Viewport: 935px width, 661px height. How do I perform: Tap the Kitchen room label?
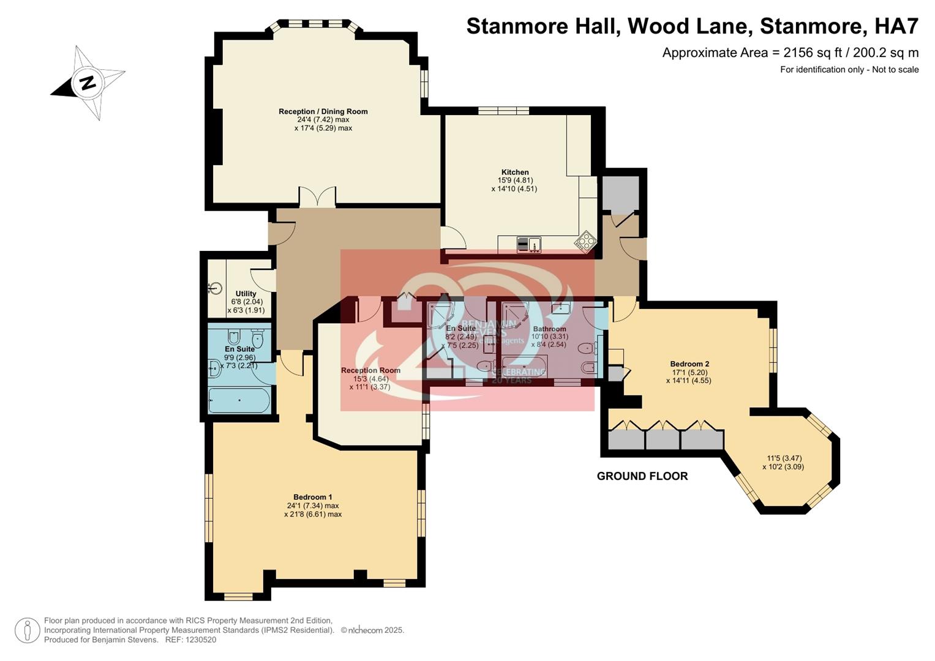coord(514,173)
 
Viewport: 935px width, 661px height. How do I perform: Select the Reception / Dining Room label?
coord(323,111)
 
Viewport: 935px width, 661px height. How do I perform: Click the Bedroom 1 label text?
coord(312,497)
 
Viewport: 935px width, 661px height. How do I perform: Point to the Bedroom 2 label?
coord(689,364)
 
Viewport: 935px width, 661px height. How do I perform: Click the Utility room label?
coord(246,294)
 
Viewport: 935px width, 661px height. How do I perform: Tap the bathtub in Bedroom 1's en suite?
coord(239,400)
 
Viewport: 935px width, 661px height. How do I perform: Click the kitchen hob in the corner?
coord(585,241)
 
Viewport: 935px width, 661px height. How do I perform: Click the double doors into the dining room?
coord(317,198)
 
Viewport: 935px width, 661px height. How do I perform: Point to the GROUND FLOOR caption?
coord(642,476)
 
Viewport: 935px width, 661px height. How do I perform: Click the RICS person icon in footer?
coord(28,630)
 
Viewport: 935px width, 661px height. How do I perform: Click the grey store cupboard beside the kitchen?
coord(620,193)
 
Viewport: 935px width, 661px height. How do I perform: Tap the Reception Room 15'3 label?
coord(370,370)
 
